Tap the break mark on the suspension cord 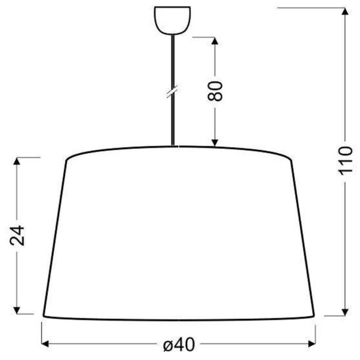point(172,91)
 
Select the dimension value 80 point(217,90)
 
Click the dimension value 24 point(20,234)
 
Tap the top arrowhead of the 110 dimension point(346,11)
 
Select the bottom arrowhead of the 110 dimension point(346,312)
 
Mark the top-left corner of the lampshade point(68,158)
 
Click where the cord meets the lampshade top point(173,146)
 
